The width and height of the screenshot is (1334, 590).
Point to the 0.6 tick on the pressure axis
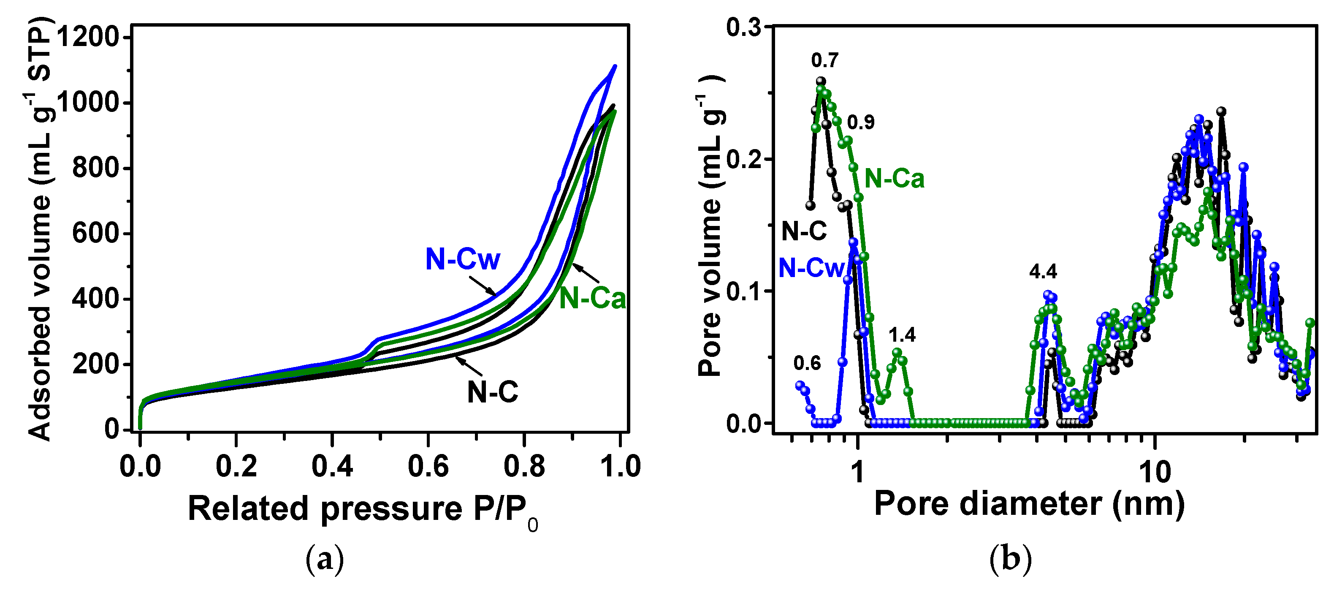[x=428, y=466]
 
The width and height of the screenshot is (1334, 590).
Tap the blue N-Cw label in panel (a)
[x=462, y=258]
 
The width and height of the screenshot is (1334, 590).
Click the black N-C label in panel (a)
[x=493, y=392]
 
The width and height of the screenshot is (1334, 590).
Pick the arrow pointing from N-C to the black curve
[x=469, y=366]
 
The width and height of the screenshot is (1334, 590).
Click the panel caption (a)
[x=325, y=560]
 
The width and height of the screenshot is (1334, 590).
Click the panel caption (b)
[x=1010, y=560]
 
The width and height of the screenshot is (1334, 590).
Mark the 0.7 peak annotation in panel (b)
[x=824, y=61]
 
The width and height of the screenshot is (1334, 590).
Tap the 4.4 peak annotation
[x=1043, y=272]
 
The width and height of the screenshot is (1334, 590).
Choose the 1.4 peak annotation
[x=902, y=335]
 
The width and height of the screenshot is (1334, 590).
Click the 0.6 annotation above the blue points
[x=807, y=363]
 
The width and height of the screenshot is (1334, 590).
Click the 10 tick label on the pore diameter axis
[x=1154, y=471]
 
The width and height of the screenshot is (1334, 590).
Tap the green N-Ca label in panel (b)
[x=895, y=179]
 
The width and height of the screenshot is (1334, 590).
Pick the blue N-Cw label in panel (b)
[x=811, y=268]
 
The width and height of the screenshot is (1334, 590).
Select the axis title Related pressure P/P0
[x=363, y=509]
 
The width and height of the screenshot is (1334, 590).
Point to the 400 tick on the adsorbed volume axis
[x=95, y=299]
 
